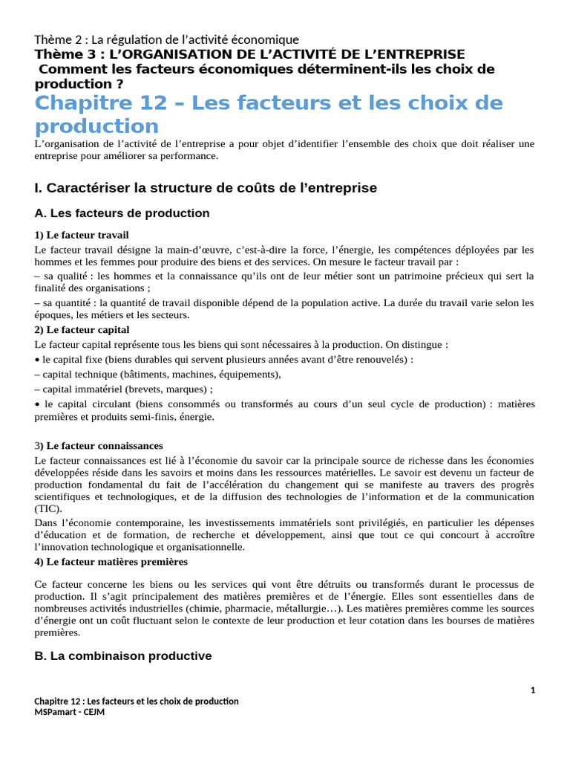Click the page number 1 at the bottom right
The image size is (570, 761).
533,690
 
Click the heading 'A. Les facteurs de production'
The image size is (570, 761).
122,213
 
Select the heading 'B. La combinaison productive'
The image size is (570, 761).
122,656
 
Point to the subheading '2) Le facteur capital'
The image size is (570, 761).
82,329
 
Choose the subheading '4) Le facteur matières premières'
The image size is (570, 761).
111,562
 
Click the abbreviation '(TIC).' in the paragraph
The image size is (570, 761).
48,508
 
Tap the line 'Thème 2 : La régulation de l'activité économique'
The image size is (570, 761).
166,39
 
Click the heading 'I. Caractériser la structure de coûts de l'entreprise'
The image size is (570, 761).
206,188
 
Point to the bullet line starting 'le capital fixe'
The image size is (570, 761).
223,359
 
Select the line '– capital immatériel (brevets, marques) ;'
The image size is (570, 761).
123,389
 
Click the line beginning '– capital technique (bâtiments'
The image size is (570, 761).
157,374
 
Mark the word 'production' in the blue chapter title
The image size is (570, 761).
96,126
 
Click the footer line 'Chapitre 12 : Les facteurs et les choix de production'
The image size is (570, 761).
137,702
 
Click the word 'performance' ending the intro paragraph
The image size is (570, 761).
191,156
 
